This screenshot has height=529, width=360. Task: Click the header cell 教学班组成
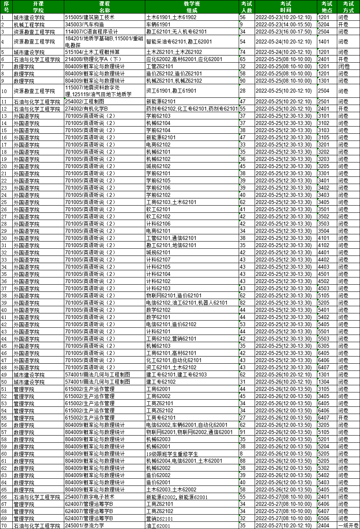[192, 7]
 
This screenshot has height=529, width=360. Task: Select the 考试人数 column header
[246, 7]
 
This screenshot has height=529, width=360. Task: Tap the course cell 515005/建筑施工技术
[90, 18]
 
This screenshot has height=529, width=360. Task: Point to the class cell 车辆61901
[158, 25]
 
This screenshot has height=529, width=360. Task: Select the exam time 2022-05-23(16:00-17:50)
[283, 32]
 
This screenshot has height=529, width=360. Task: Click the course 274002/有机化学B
[87, 109]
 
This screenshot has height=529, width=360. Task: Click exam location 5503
[323, 339]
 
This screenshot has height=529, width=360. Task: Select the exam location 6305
[323, 346]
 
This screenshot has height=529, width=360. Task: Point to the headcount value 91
[243, 432]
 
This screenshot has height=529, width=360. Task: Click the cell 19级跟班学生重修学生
[172, 454]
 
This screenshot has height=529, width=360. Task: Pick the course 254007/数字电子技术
[90, 497]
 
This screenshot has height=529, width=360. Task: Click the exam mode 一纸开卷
[348, 525]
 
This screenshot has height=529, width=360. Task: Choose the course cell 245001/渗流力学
[84, 525]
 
